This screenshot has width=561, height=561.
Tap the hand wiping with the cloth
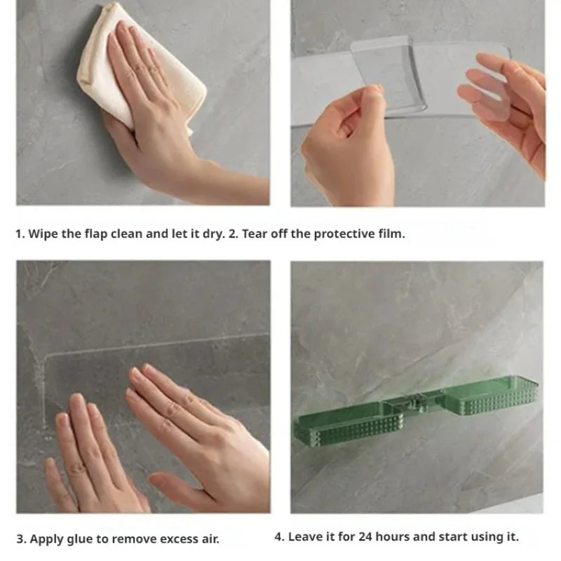(161, 118)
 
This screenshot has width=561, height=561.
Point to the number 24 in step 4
(365, 537)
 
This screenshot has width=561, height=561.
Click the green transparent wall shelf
(416, 411)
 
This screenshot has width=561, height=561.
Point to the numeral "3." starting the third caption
(21, 539)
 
